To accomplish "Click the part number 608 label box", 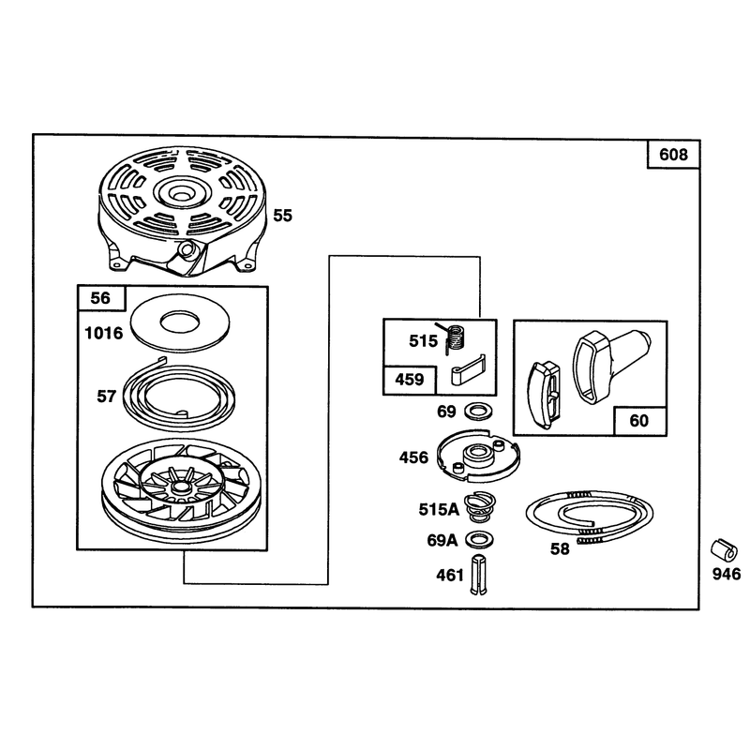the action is click(673, 155).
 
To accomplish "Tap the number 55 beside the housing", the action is click(282, 216).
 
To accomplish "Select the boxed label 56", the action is click(101, 298).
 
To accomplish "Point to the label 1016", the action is click(104, 333).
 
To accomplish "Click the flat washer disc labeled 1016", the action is click(180, 322).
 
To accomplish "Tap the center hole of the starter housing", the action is click(182, 195).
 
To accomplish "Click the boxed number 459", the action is click(410, 380).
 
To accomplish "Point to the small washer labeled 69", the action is click(479, 411).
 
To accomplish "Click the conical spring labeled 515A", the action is click(479, 508).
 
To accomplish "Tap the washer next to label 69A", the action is click(479, 539).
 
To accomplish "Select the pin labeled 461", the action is click(479, 575).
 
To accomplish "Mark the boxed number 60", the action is click(639, 421).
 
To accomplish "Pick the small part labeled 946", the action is click(723, 550).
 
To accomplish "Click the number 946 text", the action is click(727, 574).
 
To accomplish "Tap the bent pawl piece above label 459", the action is click(468, 370).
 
